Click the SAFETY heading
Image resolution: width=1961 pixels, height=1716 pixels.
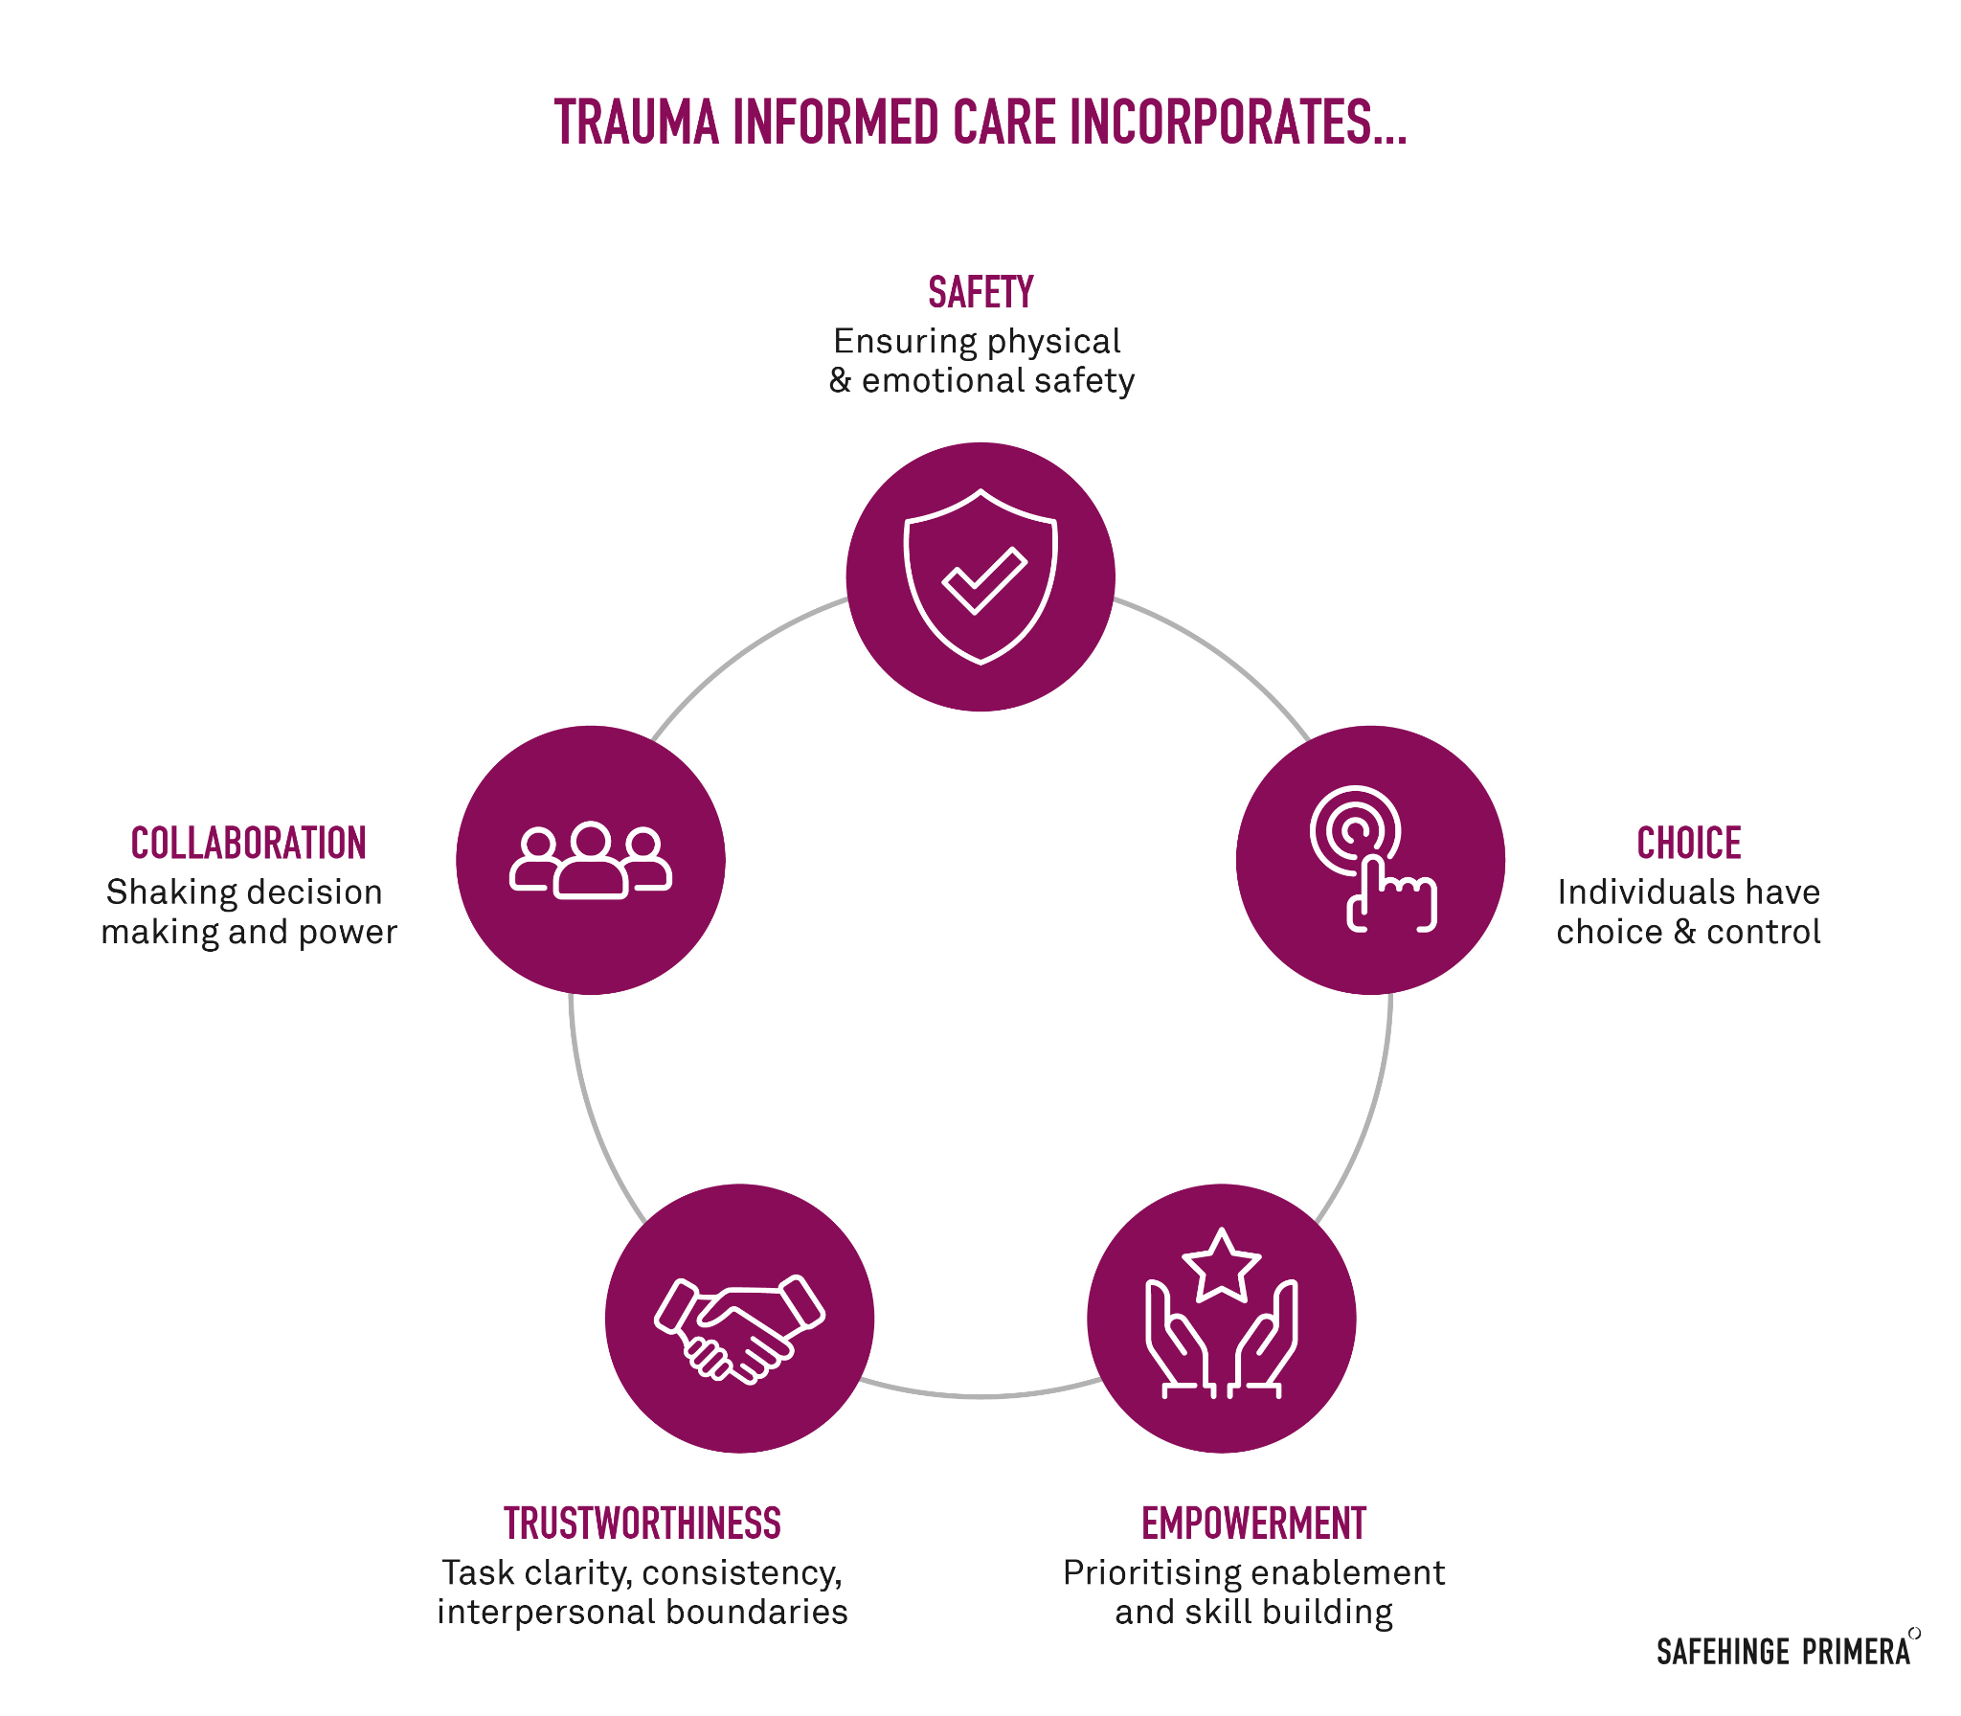[980, 293]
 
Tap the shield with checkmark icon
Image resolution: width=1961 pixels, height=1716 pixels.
[980, 576]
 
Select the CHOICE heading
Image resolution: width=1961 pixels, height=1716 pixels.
[1689, 844]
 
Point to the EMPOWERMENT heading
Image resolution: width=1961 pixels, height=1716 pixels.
[1253, 1524]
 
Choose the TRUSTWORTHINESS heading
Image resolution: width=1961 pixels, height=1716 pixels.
[642, 1524]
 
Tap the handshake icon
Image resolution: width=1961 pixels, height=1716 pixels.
[739, 1329]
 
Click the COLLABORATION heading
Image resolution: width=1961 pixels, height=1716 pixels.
[249, 844]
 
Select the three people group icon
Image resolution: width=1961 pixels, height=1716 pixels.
[591, 860]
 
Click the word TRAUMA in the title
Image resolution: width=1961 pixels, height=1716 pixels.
[637, 123]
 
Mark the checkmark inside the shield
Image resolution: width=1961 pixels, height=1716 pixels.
[984, 580]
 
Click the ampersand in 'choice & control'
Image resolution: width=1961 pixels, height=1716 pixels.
[1684, 932]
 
